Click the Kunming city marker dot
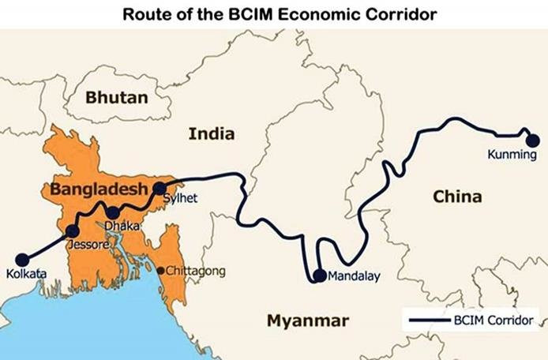533,141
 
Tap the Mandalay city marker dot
319,276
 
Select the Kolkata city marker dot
22,259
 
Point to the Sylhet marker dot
160,188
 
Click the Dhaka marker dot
113,212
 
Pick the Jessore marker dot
72,231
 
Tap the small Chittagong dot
160,271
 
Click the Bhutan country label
117,98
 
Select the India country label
211,134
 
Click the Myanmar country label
307,321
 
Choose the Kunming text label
511,156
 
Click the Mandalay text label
354,277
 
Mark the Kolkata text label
26,274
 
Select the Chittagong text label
195,271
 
